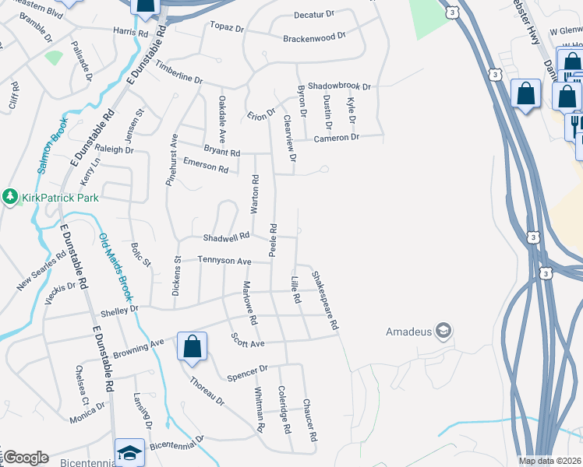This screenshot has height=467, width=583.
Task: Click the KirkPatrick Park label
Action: click(60, 198)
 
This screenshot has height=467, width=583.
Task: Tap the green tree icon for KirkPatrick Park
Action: click(10, 198)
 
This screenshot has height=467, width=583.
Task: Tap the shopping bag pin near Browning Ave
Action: click(192, 347)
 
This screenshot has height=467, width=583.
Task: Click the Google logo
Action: click(25, 458)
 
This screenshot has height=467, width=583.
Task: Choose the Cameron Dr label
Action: click(336, 138)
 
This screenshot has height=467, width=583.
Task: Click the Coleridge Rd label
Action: click(285, 409)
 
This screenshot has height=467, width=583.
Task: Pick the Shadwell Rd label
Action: click(226, 236)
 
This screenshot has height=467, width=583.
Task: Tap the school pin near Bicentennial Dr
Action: click(129, 453)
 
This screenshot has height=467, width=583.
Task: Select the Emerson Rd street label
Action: click(205, 165)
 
